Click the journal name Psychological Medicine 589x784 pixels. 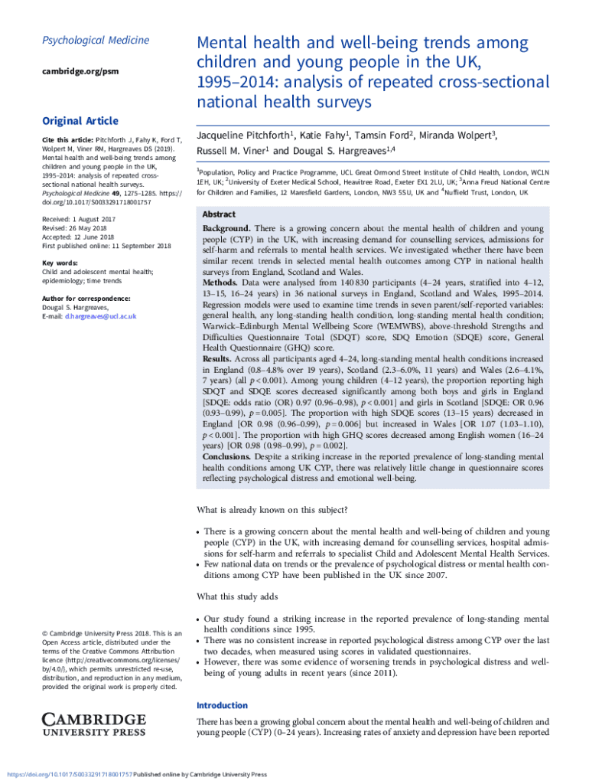click(85, 41)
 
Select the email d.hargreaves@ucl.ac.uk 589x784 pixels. click(100, 316)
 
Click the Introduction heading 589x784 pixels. click(222, 705)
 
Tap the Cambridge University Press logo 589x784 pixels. click(93, 724)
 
